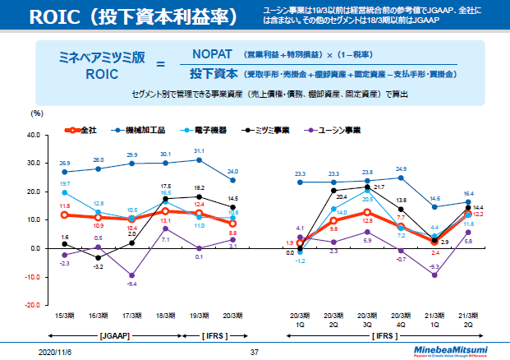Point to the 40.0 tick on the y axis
pos(34,134)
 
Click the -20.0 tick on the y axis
pos(34,304)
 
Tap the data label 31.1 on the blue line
pos(199,151)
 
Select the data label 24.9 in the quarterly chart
pos(402,168)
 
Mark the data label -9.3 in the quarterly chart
pos(435,267)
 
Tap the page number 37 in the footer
pos(254,351)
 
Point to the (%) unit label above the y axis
pos(36,117)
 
